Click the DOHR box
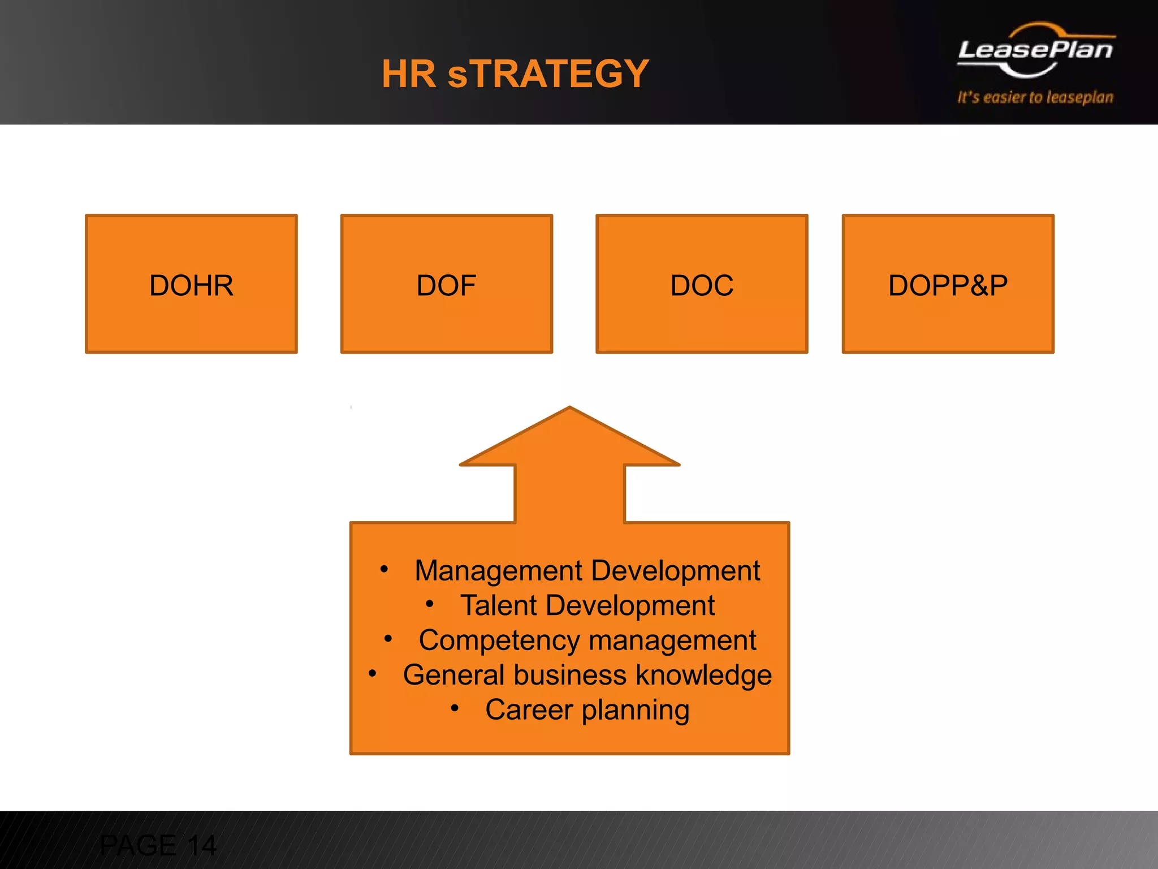[191, 284]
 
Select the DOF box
[446, 284]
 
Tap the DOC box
[702, 284]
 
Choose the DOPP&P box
[948, 284]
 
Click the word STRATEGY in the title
[548, 74]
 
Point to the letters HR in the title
[409, 74]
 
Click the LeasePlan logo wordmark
[1035, 50]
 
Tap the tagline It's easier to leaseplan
[1035, 97]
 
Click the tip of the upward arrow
[569, 408]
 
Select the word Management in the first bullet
[498, 570]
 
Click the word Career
[529, 710]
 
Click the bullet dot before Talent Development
[430, 604]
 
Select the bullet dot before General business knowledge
[372, 673]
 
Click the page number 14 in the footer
[202, 846]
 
